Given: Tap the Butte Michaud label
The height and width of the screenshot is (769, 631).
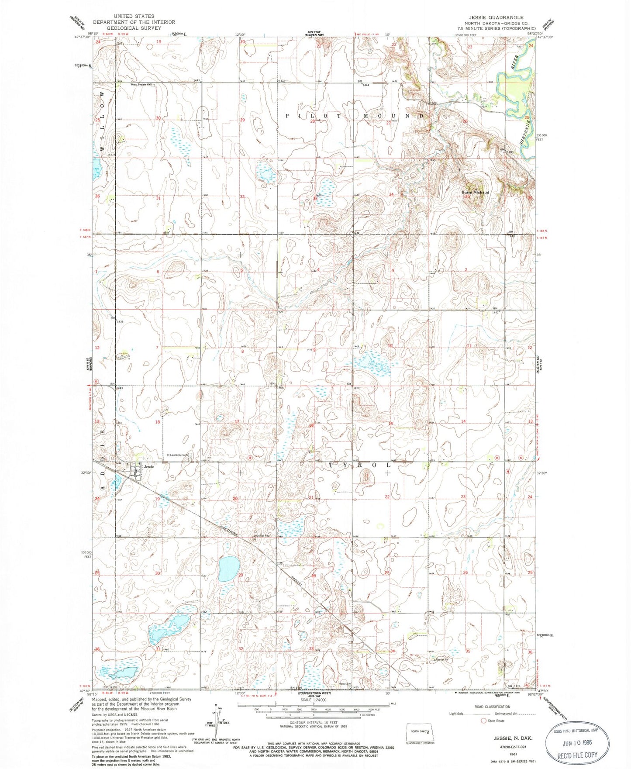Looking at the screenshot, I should tap(476, 192).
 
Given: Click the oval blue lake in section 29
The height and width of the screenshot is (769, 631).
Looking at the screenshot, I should tap(228, 568).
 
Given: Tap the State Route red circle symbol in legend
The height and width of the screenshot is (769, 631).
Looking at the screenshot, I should tap(484, 721).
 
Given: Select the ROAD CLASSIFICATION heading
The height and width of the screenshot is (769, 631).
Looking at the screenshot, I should tap(492, 707).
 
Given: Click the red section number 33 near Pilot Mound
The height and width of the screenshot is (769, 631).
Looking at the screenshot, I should tap(315, 199).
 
